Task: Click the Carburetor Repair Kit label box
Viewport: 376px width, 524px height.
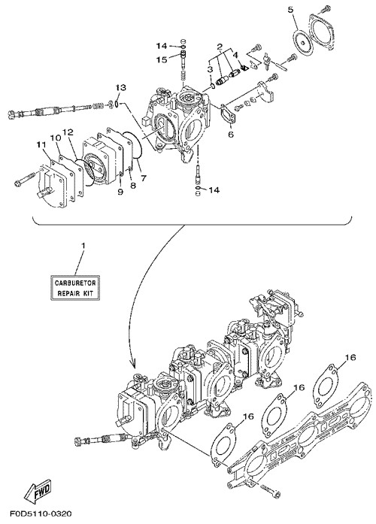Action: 75,287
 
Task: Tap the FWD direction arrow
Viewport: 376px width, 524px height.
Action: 38,492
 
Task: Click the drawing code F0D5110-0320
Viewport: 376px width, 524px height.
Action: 36,513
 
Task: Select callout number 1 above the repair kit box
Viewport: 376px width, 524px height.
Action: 83,246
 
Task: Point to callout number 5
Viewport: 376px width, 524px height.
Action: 291,10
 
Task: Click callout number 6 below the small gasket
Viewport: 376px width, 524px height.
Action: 231,135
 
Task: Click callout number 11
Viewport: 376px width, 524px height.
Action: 41,145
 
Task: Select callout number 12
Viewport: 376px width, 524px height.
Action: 68,132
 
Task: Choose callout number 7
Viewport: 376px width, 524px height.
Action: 144,178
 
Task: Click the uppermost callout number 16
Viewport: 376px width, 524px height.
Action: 350,357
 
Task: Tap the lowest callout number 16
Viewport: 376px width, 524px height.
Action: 249,416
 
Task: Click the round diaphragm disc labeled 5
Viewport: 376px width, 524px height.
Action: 302,41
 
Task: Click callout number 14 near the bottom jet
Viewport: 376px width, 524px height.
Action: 214,190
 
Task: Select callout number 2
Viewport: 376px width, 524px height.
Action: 220,47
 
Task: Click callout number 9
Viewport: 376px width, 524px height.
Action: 120,192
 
